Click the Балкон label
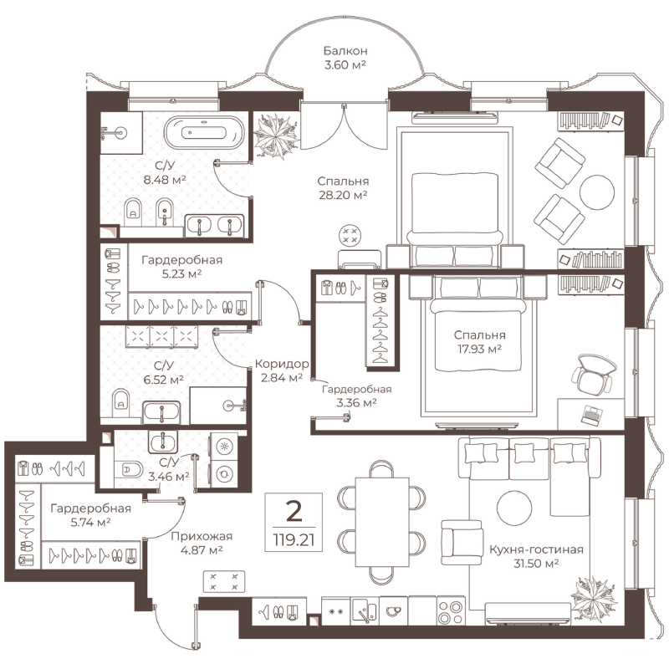tap(345, 51)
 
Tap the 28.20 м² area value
tap(343, 196)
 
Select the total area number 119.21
tap(294, 540)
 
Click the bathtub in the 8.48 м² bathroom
tap(204, 132)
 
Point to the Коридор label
tap(282, 364)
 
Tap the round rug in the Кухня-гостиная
tap(514, 508)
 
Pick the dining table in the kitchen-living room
tap(382, 522)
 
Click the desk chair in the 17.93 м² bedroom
tap(593, 374)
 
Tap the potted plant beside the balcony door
tap(276, 136)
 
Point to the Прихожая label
tap(202, 536)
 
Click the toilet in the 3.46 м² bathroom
tap(129, 470)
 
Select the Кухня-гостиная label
tap(536, 549)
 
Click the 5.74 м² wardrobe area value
tap(90, 522)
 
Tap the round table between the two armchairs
tap(597, 192)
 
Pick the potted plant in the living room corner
tap(594, 599)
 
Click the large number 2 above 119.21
tap(294, 511)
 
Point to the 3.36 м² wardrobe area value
tap(356, 403)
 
